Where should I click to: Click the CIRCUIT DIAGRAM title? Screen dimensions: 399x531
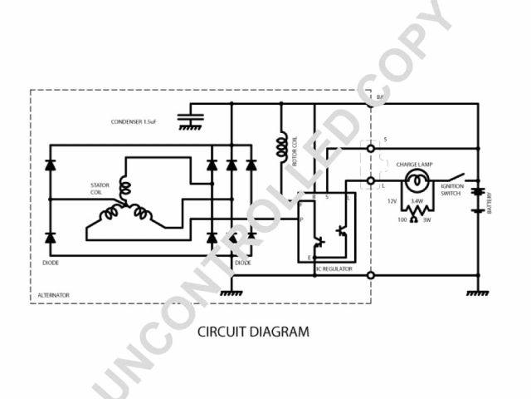coord(253,332)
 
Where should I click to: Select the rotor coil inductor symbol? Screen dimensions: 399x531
coord(282,146)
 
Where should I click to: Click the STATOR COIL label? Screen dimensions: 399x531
coord(100,189)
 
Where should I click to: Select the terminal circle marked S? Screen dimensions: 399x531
coord(371,149)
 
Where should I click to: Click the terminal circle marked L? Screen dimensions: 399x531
coord(371,180)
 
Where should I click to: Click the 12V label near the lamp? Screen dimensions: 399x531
coord(392,201)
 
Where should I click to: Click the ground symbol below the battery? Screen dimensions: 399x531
coord(477,293)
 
